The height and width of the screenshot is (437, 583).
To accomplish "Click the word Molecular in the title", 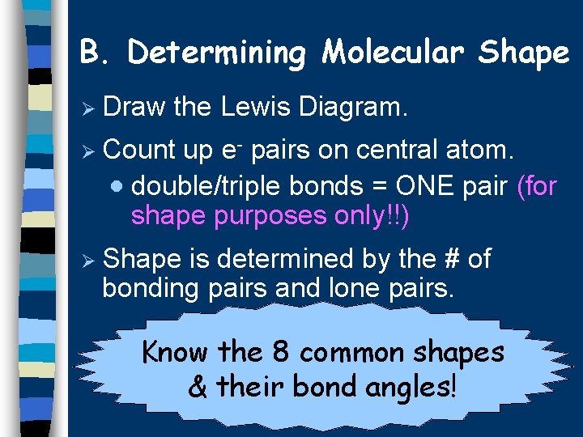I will (x=391, y=53).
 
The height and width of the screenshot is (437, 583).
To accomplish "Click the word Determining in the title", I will (x=216, y=54).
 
